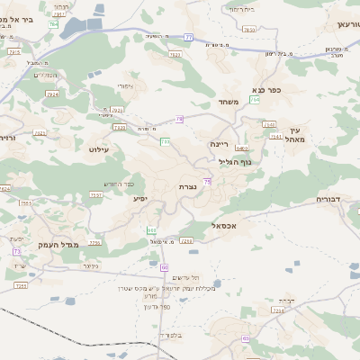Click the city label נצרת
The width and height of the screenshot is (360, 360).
(x=187, y=186)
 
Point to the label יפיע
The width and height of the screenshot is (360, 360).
(x=140, y=198)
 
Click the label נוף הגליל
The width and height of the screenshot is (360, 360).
(x=235, y=162)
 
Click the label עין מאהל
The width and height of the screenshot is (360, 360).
(x=296, y=135)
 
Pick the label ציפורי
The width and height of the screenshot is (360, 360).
(x=125, y=86)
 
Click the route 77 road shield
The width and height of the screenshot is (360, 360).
(x=188, y=37)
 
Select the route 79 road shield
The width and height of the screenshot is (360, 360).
(x=180, y=119)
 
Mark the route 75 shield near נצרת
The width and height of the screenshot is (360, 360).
(x=208, y=182)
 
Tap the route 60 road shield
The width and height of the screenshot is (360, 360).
(x=165, y=267)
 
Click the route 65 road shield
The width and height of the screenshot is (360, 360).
(x=245, y=338)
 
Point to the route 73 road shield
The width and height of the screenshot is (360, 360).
(x=17, y=251)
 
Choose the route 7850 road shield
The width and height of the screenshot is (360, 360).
(x=249, y=30)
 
